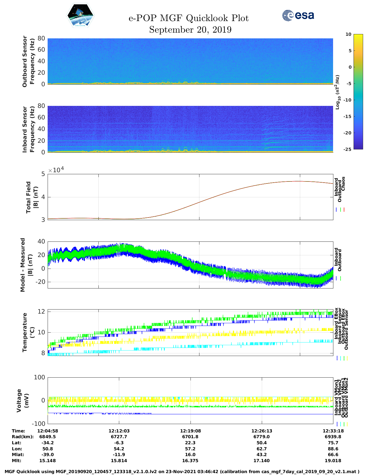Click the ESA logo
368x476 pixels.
point(298,15)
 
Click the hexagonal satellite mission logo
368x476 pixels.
point(81,16)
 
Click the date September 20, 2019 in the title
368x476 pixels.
point(190,30)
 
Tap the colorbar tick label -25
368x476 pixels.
point(348,149)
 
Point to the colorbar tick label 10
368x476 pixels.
point(348,34)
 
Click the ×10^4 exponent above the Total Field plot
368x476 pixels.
point(56,170)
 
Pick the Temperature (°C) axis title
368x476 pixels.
point(28,332)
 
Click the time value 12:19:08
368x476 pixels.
point(190,431)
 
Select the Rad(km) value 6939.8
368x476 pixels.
point(333,437)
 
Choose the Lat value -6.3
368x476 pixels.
point(119,443)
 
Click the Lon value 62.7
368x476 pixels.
point(261,449)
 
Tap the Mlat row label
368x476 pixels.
point(18,455)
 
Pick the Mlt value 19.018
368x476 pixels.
point(333,461)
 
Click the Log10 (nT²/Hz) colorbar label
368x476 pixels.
point(337,92)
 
